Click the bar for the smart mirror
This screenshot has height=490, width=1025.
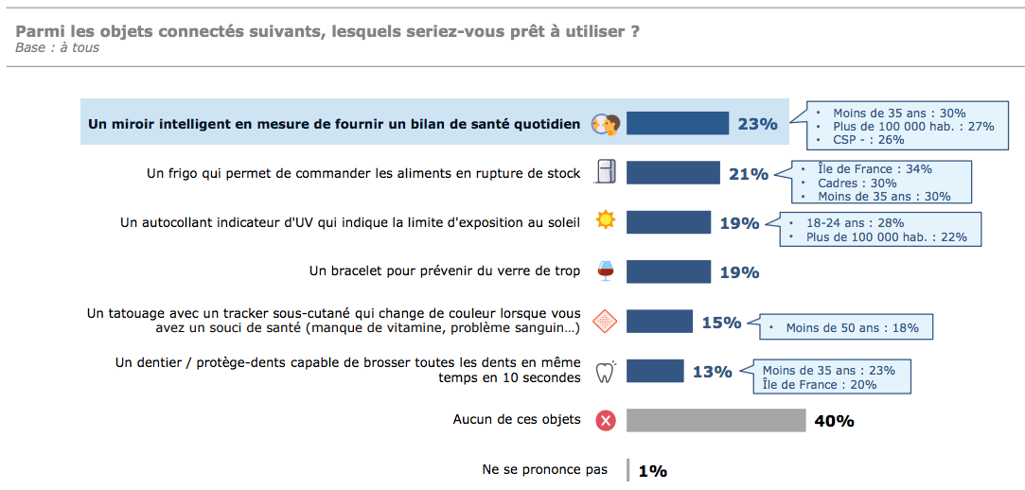(677, 124)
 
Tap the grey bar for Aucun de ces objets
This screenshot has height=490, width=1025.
(716, 420)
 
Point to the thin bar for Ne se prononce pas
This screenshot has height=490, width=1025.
(627, 470)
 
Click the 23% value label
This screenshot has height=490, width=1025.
(757, 124)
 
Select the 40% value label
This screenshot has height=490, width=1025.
(834, 421)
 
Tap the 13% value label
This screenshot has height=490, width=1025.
(712, 372)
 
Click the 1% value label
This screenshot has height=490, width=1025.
(653, 470)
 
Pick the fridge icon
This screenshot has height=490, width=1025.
(606, 172)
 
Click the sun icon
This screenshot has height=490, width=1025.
(606, 221)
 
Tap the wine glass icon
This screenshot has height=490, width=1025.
(606, 271)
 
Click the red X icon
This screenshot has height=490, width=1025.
(606, 420)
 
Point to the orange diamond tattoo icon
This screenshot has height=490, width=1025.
(606, 322)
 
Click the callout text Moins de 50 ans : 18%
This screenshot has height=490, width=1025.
(852, 328)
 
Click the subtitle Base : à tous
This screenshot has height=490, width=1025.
(58, 48)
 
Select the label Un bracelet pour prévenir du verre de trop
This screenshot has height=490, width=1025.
(445, 271)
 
